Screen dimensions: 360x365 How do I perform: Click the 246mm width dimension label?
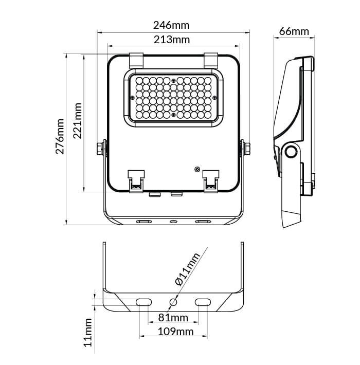tap(171, 25)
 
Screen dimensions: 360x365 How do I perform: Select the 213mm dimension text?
tap(172, 40)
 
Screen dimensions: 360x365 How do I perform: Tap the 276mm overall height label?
tap(60, 136)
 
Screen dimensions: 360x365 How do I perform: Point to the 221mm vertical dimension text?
tap(78, 121)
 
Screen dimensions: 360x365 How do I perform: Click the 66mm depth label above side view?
tap(294, 31)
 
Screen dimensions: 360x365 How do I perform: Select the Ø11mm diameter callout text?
tap(188, 269)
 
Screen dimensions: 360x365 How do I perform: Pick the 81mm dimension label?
tap(173, 318)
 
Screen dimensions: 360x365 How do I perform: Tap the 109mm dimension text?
tap(175, 332)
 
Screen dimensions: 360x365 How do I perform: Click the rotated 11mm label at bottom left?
tap(88, 333)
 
